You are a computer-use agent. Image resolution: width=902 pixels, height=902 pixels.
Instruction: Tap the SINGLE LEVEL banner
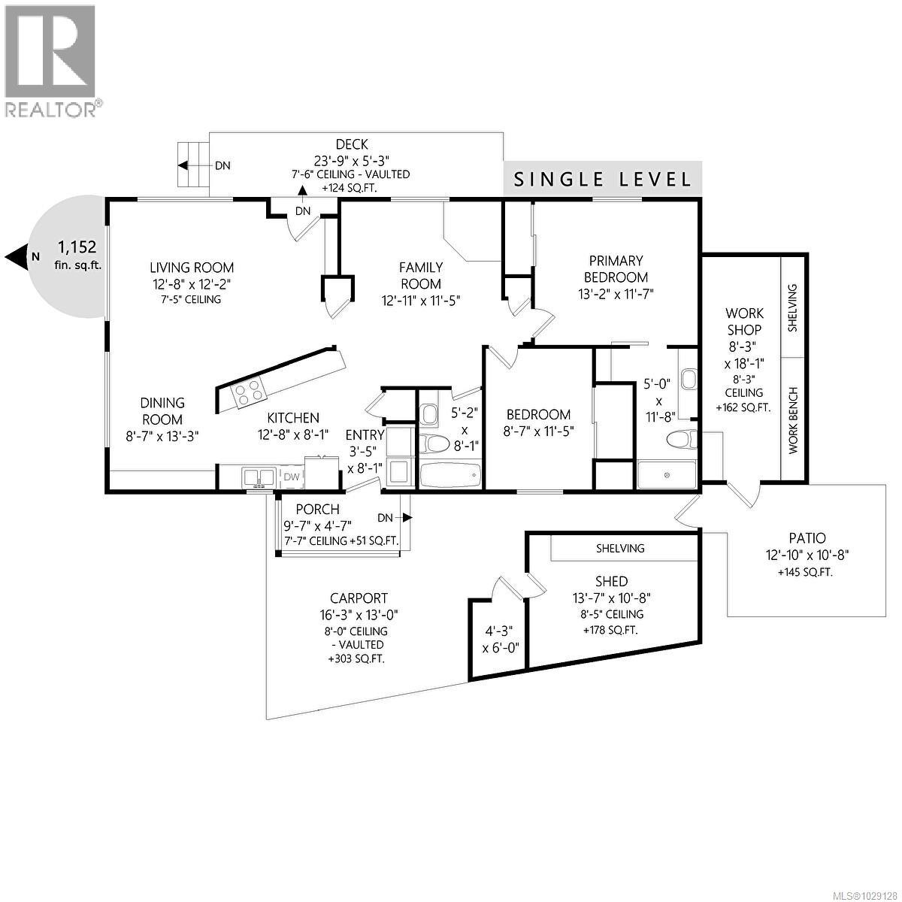pos(602,180)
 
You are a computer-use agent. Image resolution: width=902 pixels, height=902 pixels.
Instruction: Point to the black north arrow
pos(19,257)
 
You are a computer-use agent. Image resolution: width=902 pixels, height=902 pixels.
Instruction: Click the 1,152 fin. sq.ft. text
pos(78,254)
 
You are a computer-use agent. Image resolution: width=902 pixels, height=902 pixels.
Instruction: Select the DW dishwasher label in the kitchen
pos(291,476)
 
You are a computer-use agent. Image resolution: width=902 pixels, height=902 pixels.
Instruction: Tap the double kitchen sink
pos(258,477)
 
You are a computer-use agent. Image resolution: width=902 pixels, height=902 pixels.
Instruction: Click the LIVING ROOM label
pos(192,268)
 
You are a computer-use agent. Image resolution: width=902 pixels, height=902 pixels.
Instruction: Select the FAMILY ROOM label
pos(420,275)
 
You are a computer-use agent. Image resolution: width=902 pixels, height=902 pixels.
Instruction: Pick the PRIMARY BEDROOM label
pos(616,268)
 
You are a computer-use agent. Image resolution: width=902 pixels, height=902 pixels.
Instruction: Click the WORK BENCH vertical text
pos(793,420)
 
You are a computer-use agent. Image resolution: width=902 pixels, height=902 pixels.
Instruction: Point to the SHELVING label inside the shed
pos(620,548)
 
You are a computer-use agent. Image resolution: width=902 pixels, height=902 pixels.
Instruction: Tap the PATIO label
pos(807,538)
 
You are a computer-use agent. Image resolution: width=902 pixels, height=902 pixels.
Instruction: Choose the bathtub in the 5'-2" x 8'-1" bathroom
pos(449,475)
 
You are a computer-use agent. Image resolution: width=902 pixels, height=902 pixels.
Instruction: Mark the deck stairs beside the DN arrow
pos(185,165)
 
